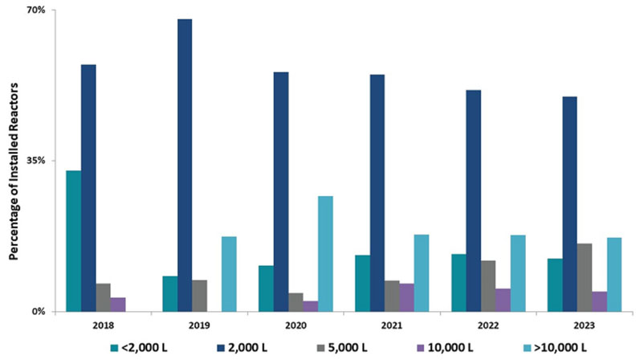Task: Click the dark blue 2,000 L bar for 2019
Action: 185,165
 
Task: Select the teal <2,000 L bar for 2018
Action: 73,240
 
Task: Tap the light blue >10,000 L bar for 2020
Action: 325,253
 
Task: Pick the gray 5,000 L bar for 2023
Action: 585,276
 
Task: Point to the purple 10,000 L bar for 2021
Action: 406,297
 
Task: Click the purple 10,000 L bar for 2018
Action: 118,304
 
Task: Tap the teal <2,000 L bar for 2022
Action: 459,282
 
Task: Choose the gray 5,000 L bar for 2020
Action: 296,301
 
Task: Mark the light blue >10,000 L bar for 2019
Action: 229,273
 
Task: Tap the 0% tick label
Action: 39,311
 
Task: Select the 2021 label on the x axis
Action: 391,325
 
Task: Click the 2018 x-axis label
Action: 103,325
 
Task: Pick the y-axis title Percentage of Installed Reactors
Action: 14,161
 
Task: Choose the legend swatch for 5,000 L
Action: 320,348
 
